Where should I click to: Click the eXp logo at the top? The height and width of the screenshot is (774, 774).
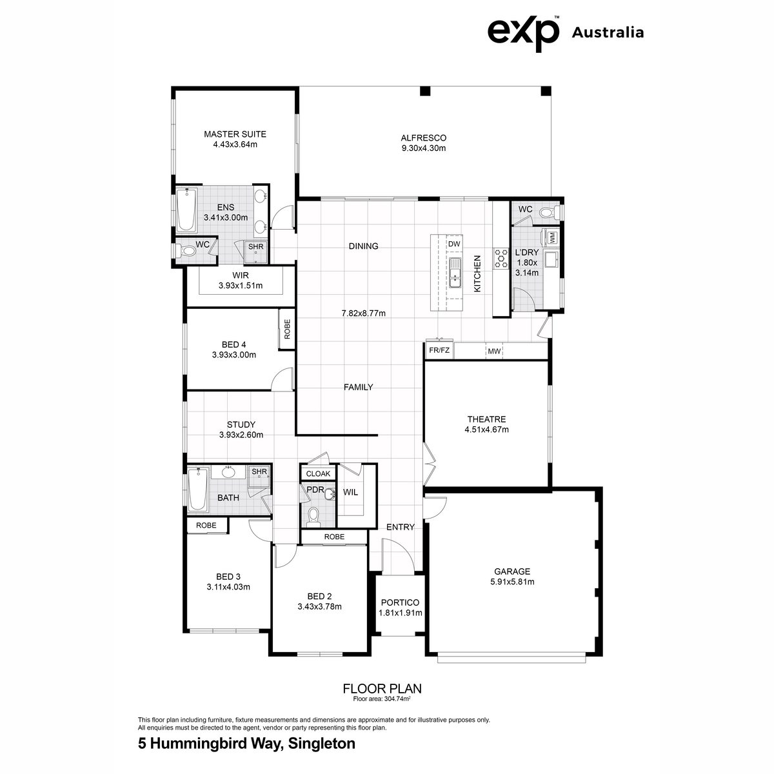pos(523,34)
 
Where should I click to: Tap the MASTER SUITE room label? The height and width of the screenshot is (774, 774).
pos(235,134)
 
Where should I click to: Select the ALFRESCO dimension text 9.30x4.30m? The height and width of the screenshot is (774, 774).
pos(423,148)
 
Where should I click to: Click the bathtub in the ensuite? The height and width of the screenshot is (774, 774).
pos(187,210)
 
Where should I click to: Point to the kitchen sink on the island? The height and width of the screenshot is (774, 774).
pos(455,273)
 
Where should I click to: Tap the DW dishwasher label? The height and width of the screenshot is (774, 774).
pos(454,244)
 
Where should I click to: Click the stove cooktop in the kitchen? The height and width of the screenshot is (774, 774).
pos(501,258)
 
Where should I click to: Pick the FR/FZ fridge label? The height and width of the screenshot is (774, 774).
pos(439,350)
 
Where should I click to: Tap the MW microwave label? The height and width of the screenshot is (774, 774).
pos(494,351)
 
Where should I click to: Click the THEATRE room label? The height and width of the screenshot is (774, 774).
pos(486,419)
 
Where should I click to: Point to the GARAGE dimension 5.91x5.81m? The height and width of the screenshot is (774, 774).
pos(512,582)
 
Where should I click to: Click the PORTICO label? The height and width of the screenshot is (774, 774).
pos(400,602)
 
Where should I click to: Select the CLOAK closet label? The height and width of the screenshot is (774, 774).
pos(318,473)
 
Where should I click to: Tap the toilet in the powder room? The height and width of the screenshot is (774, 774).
pos(313,517)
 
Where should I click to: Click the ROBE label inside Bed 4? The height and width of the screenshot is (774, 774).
pos(287,329)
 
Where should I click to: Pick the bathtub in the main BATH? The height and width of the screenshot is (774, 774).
pos(198,490)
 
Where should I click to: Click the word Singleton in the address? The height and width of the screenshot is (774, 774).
pos(322,744)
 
